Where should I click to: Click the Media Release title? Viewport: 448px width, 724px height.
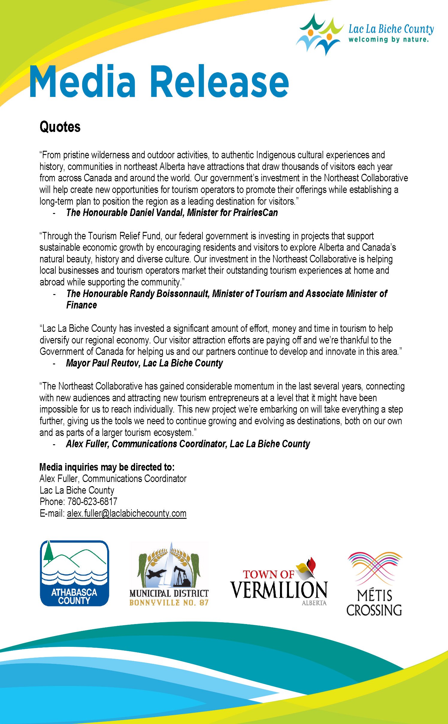click(159, 82)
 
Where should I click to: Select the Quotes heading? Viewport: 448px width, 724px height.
click(60, 127)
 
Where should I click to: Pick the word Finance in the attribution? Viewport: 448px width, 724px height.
click(81, 305)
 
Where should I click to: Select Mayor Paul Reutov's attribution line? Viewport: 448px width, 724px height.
click(144, 363)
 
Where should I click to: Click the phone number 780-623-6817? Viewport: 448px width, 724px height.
click(92, 501)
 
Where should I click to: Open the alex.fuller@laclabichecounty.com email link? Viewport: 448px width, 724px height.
click(126, 513)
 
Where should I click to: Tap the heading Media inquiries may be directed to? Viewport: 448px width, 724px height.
click(107, 467)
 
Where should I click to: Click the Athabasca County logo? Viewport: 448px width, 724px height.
click(74, 573)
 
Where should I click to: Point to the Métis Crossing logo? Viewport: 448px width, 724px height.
click(374, 583)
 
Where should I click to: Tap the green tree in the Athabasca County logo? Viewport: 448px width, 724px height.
click(48, 553)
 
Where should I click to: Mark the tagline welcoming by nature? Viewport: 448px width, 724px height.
click(388, 39)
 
